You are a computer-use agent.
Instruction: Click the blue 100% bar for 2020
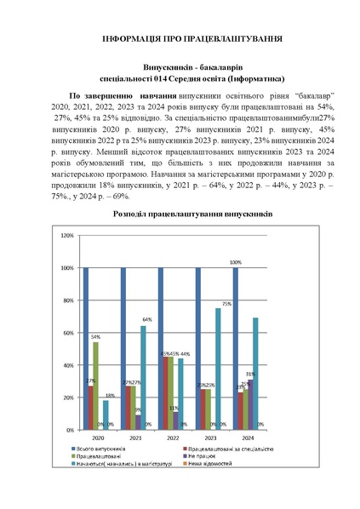(86, 348)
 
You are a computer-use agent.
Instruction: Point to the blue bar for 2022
(160, 348)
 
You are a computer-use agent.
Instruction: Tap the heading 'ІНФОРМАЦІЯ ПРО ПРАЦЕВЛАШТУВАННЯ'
(180, 40)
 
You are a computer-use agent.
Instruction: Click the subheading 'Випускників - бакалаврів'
(180, 66)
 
